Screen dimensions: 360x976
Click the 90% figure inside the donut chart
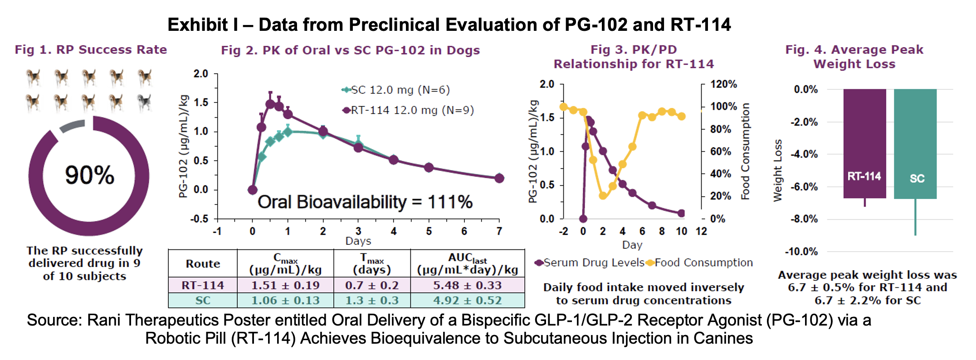pyautogui.click(x=89, y=175)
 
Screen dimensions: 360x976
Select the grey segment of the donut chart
pyautogui.click(x=72, y=126)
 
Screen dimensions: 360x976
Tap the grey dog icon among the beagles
pyautogui.click(x=144, y=103)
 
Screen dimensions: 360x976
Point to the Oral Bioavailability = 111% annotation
pyautogui.click(x=365, y=202)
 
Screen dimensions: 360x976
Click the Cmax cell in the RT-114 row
pyautogui.click(x=285, y=285)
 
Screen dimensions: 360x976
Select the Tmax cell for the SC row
pyautogui.click(x=372, y=300)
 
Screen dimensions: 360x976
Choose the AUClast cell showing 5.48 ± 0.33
pyautogui.click(x=467, y=285)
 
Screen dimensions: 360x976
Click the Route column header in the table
pyautogui.click(x=203, y=263)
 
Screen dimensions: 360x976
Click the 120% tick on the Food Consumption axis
pyautogui.click(x=723, y=84)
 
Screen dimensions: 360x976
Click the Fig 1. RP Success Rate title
pyautogui.click(x=91, y=49)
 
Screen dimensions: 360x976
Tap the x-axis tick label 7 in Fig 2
pyautogui.click(x=499, y=231)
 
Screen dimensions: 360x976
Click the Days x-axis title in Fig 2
pyautogui.click(x=358, y=241)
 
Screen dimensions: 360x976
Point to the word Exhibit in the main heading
pyautogui.click(x=198, y=24)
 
